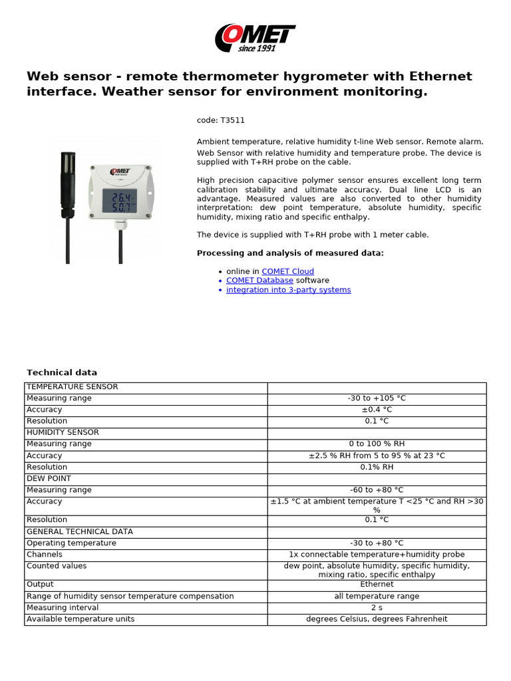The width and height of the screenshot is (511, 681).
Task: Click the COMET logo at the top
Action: pos(255,38)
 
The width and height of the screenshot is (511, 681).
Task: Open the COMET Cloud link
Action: pos(287,271)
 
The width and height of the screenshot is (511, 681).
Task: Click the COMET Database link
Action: pos(259,281)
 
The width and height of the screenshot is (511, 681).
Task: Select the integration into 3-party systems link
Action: pos(288,290)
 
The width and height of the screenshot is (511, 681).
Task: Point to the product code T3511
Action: pos(216,120)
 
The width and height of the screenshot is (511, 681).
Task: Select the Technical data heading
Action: pos(62,372)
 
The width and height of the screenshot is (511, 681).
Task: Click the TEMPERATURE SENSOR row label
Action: pos(73,386)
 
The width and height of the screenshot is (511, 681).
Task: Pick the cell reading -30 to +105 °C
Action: pos(377,398)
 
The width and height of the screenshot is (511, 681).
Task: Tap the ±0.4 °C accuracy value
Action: pos(377,410)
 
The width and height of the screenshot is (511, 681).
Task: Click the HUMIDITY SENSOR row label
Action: pos(63,432)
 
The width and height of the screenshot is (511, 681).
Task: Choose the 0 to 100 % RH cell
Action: pos(377,444)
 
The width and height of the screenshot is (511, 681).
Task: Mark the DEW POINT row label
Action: pos(49,478)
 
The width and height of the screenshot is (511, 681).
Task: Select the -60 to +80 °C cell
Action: pos(377,490)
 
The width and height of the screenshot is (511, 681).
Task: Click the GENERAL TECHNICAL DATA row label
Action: pos(80,531)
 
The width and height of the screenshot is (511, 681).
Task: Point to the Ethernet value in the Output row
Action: pos(377,585)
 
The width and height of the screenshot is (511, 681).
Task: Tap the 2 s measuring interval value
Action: pos(377,607)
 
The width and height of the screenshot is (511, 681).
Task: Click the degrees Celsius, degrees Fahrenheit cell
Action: pos(377,619)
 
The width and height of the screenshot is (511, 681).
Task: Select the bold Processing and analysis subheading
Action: pos(290,253)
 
